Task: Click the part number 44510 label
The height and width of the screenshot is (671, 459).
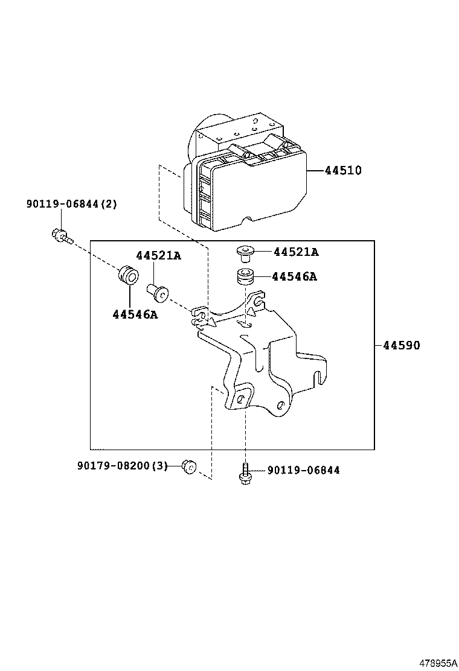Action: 343,171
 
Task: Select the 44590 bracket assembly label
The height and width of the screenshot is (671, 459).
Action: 401,346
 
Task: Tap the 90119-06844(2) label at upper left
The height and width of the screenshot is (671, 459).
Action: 71,205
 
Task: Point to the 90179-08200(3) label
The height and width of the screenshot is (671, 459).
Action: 122,466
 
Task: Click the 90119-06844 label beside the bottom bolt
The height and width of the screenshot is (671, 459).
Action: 303,470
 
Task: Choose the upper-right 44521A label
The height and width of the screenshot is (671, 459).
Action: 296,252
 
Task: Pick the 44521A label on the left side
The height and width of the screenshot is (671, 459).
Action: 158,256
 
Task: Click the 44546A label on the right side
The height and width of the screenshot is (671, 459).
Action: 294,277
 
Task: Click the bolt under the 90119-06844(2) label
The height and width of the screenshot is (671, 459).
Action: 60,236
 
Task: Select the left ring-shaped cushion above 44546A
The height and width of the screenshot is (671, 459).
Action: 129,275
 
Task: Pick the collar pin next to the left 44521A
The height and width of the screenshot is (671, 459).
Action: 158,291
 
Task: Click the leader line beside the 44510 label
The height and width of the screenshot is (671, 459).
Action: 315,171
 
